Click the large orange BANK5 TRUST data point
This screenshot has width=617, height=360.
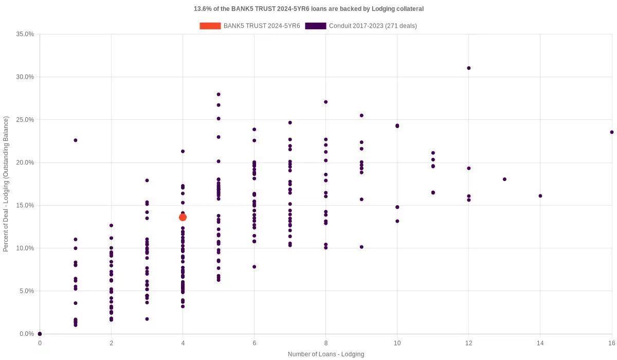coord(183,217)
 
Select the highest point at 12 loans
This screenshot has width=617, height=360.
coord(468,68)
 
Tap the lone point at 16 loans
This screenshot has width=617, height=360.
coord(611,132)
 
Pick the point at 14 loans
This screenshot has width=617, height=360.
coord(540,196)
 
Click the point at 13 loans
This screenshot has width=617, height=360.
coord(504,179)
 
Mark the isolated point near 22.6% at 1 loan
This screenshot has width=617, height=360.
coord(76,140)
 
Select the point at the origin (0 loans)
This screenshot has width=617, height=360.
coord(40,334)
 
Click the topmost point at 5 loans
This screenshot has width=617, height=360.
coord(219,94)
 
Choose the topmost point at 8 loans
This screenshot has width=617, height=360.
coord(325,102)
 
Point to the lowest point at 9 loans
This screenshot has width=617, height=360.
coord(361,247)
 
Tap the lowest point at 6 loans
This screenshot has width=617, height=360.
coord(254,267)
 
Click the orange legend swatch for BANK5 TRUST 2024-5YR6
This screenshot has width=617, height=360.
coord(210,26)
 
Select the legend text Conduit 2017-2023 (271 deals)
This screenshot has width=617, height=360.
coord(373,26)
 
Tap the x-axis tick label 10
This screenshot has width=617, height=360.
coord(397,343)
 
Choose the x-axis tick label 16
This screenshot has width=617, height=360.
coord(611,343)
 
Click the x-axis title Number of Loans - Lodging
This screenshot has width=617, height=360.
coord(325,354)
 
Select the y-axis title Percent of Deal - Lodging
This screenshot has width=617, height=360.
coord(6,184)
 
